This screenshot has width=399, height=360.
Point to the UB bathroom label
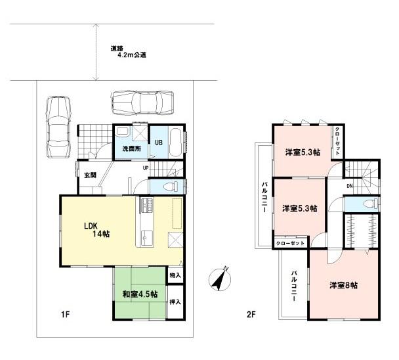(159, 141)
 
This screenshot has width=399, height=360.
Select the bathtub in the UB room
(176, 141)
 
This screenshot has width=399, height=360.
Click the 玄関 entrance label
(90, 175)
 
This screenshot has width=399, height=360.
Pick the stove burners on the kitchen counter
(145, 210)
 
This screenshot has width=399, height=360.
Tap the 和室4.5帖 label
(138, 294)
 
